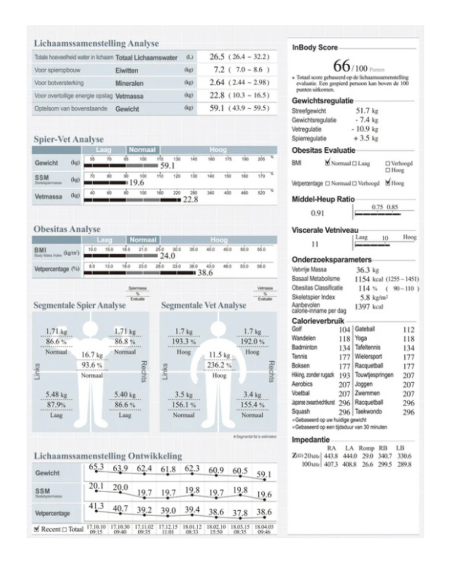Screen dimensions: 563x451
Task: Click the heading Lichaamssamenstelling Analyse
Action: pos(96,43)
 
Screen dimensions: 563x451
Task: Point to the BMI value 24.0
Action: pos(167,256)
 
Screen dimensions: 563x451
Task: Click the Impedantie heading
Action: pos(311,440)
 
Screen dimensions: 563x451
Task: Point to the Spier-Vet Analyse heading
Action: pos(68,140)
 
